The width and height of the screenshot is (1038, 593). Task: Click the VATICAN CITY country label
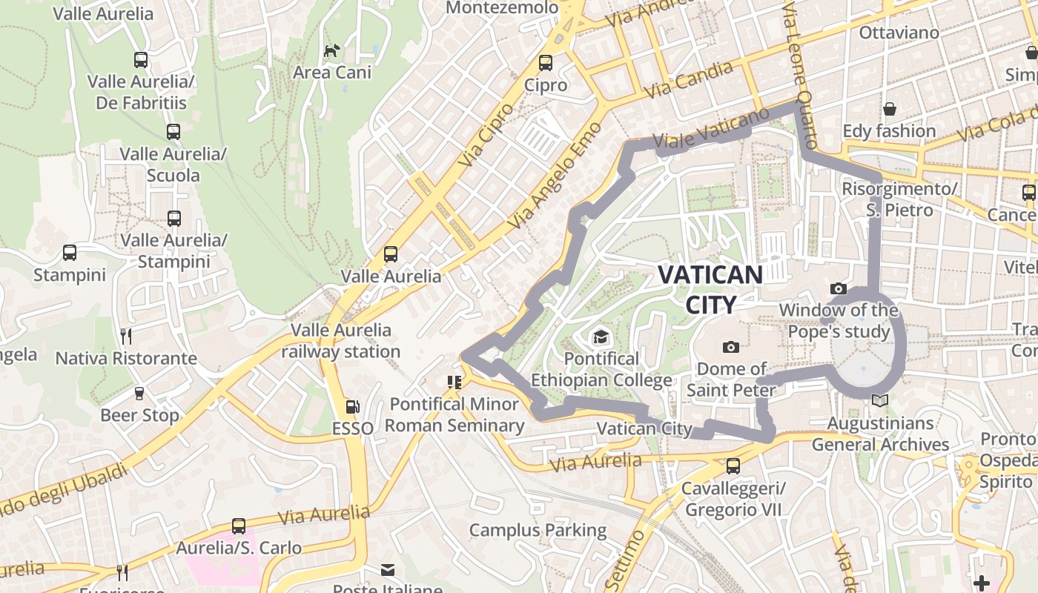[x=710, y=289]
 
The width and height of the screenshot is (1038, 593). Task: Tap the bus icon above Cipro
[x=546, y=62]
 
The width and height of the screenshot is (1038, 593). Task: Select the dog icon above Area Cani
[x=332, y=50]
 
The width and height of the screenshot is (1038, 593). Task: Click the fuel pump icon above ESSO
[x=353, y=406]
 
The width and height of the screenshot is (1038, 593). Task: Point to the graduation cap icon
[x=601, y=337]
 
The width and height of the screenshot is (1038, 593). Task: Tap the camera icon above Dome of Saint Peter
[x=731, y=347]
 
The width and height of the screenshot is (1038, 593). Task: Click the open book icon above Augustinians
[x=880, y=401]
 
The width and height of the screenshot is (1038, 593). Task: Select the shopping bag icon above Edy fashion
[x=890, y=109]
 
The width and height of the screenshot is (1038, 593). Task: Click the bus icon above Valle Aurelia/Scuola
[x=173, y=132]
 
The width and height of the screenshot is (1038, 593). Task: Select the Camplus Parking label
[x=538, y=531]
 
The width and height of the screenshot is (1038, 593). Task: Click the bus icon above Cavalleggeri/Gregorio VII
[x=733, y=466]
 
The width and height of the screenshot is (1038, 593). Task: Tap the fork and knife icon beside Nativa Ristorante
[x=126, y=337]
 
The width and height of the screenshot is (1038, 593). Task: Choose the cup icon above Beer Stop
[x=139, y=393]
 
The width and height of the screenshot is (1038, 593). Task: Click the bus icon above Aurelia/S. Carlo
[x=239, y=526]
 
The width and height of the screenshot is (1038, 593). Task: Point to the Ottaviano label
[x=899, y=33]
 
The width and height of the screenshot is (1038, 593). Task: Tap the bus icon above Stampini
[x=70, y=253]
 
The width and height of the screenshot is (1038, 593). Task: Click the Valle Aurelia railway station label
[x=340, y=341]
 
